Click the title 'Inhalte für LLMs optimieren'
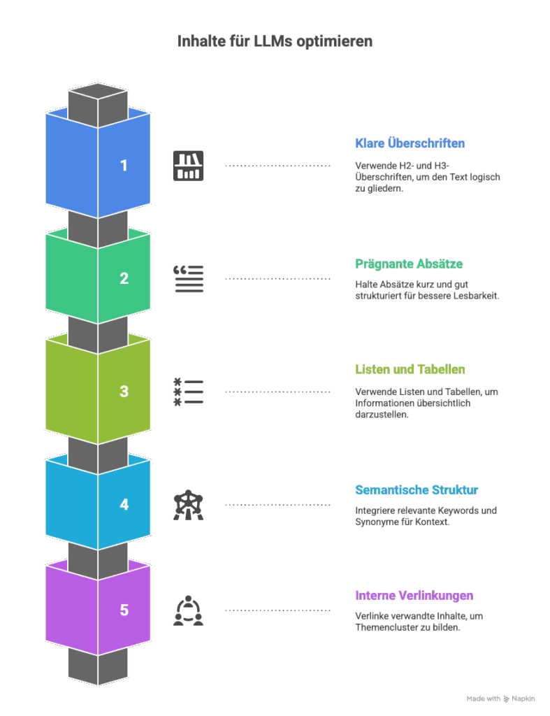click(x=275, y=41)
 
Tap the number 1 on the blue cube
click(x=124, y=166)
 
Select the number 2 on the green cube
click(x=124, y=278)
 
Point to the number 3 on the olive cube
click(x=124, y=392)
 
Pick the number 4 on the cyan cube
click(x=124, y=504)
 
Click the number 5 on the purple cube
click(x=124, y=610)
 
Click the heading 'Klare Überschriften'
click(x=410, y=144)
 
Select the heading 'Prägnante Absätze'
click(x=409, y=264)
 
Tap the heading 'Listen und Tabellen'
click(x=410, y=369)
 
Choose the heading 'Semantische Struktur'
click(x=417, y=489)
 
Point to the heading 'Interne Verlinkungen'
click(x=414, y=596)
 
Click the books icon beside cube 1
click(x=188, y=166)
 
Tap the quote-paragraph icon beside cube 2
click(x=188, y=278)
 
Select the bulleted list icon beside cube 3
click(x=188, y=392)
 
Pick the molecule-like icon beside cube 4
click(x=188, y=504)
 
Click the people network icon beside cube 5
click(x=188, y=610)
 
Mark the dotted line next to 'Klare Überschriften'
click(x=277, y=166)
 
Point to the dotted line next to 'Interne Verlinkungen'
click(x=277, y=611)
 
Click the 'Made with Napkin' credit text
click(x=500, y=699)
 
